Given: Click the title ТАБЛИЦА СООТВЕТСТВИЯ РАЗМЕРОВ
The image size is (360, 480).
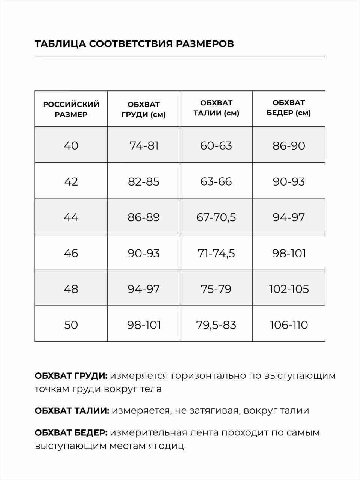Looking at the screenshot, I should tap(134, 44).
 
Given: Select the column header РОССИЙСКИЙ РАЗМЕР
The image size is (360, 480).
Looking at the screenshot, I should tap(71, 109).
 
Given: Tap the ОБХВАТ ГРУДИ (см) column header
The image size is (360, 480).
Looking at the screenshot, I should tap(144, 109).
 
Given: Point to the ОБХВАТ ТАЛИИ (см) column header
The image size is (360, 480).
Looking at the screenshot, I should tap(216, 108).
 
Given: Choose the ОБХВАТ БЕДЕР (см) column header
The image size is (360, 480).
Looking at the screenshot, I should tap(289, 108).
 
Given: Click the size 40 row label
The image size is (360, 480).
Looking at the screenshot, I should tap(71, 145).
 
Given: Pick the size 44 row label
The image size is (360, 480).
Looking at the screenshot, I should tap(71, 217).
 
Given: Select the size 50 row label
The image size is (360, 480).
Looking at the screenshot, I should tap(71, 324).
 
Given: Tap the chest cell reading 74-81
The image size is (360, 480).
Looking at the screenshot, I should tap(144, 145).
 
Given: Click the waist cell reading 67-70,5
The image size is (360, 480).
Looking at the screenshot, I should tap(216, 217).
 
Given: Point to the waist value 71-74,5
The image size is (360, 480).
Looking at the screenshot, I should tap(216, 253).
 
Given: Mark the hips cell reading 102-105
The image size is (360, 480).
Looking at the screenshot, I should tap(289, 289).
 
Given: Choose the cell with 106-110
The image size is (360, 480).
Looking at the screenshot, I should tap(289, 324).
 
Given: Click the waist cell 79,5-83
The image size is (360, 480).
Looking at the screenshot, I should tap(216, 324).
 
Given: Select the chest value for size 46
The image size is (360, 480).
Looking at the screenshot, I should tap(144, 253).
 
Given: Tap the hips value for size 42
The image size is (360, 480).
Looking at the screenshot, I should tap(289, 181).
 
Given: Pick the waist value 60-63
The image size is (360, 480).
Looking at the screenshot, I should tap(216, 145).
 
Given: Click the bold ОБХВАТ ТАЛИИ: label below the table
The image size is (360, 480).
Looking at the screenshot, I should tap(72, 411).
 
